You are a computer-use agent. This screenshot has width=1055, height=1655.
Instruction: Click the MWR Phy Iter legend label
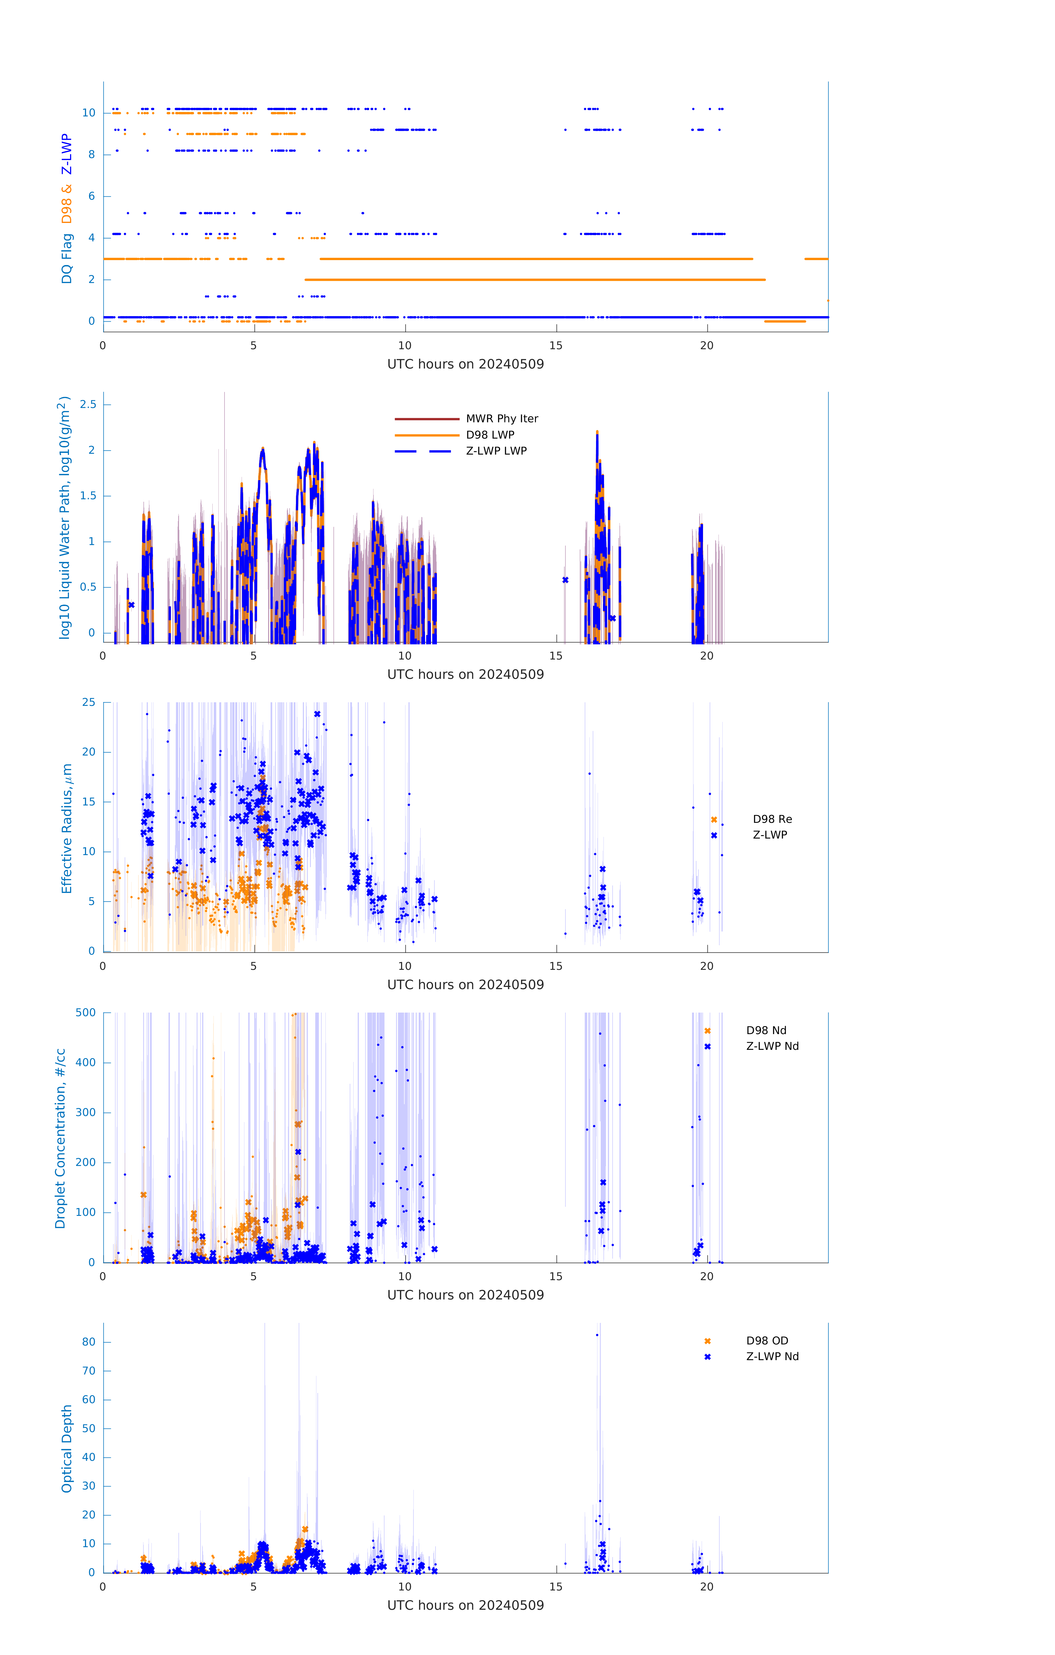point(502,418)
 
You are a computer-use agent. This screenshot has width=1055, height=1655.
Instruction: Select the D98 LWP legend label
point(490,434)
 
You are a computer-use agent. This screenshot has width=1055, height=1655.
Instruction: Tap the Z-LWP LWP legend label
point(496,451)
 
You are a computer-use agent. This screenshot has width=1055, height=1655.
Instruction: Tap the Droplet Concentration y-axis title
point(60,1138)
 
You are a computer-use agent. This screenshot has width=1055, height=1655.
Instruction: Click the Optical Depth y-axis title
point(67,1448)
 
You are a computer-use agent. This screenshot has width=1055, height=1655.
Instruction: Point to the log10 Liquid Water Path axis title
point(64,517)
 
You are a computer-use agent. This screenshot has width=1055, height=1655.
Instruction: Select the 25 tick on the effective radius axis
point(89,703)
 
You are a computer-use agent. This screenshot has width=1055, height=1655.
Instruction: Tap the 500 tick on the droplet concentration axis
point(86,1012)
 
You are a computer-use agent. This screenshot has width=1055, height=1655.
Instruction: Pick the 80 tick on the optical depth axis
point(89,1342)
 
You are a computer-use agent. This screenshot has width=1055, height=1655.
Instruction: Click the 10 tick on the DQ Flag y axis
point(89,113)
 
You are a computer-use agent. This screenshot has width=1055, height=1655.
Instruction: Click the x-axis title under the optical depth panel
point(465,1605)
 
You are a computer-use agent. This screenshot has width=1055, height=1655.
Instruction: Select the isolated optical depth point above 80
point(597,1335)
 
